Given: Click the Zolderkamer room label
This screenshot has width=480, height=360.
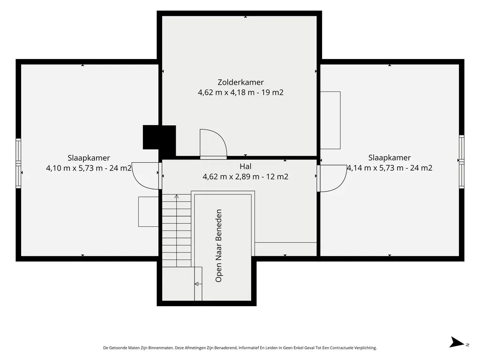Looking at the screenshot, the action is (x=240, y=82).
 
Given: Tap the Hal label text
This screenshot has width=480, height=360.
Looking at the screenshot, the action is (x=246, y=166).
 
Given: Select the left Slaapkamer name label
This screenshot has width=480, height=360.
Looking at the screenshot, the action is (x=89, y=158).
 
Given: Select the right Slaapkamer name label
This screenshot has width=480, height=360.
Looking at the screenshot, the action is (x=390, y=157).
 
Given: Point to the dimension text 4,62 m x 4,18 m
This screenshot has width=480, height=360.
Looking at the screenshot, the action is (x=226, y=92).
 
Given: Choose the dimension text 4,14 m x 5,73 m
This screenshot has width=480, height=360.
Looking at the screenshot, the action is (x=375, y=168).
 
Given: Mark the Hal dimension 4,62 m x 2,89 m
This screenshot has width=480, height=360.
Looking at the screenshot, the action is (x=231, y=177).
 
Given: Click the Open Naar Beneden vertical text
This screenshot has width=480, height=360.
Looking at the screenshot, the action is (x=218, y=246).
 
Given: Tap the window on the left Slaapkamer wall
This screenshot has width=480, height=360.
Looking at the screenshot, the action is (x=18, y=163).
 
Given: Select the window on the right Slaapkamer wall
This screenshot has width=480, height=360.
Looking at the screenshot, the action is (x=462, y=161).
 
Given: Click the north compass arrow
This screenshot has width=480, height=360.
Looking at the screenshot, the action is (x=457, y=342).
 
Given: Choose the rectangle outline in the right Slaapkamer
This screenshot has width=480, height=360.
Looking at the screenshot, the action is (x=330, y=120).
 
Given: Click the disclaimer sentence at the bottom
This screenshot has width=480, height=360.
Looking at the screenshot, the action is (x=240, y=348).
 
